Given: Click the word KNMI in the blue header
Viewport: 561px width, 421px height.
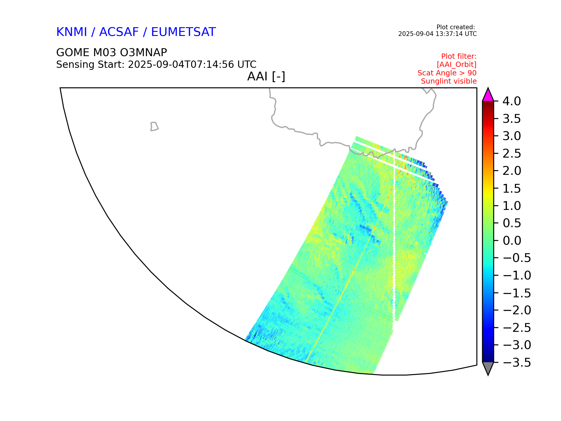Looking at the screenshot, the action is coord(72,32).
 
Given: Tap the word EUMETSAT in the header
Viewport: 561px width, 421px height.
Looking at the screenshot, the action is coord(183,32).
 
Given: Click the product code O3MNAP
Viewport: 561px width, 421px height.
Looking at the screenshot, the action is coord(139,53).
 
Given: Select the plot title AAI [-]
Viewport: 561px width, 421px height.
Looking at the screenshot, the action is coord(266,77).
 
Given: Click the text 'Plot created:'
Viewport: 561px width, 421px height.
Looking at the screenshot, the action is coord(456,27).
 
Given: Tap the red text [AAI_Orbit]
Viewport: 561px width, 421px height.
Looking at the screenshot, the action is coord(457,64).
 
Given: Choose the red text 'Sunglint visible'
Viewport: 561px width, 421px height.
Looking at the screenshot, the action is coord(449,81).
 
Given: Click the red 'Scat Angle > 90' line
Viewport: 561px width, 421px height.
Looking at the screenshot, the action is coord(447,73).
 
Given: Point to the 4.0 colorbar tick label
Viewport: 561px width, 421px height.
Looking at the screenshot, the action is coord(512,101).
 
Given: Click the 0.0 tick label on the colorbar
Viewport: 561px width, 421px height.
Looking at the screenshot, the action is coord(512,241).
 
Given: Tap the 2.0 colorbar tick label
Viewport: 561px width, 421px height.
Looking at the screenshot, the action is coord(512,171).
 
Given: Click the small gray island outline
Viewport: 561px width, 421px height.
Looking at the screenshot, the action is coord(154,126).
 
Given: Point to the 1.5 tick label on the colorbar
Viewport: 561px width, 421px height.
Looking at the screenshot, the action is coord(512,189).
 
